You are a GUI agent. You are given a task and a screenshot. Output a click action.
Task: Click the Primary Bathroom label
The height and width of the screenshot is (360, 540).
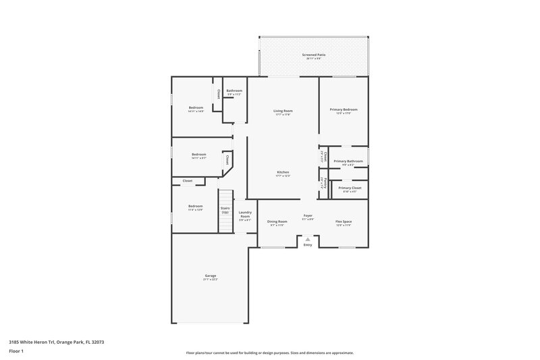[348, 161]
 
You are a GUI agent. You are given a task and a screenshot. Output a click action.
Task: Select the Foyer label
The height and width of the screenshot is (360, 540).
[307, 216]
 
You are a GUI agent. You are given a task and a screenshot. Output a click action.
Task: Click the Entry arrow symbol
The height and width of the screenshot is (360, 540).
[308, 238]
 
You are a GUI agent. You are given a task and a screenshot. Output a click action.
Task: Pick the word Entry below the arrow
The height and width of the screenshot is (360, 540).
[308, 245]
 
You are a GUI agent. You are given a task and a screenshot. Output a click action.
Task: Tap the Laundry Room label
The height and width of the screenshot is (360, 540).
[245, 214]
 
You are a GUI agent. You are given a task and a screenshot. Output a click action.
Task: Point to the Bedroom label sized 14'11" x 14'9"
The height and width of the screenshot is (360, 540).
[196, 108]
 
